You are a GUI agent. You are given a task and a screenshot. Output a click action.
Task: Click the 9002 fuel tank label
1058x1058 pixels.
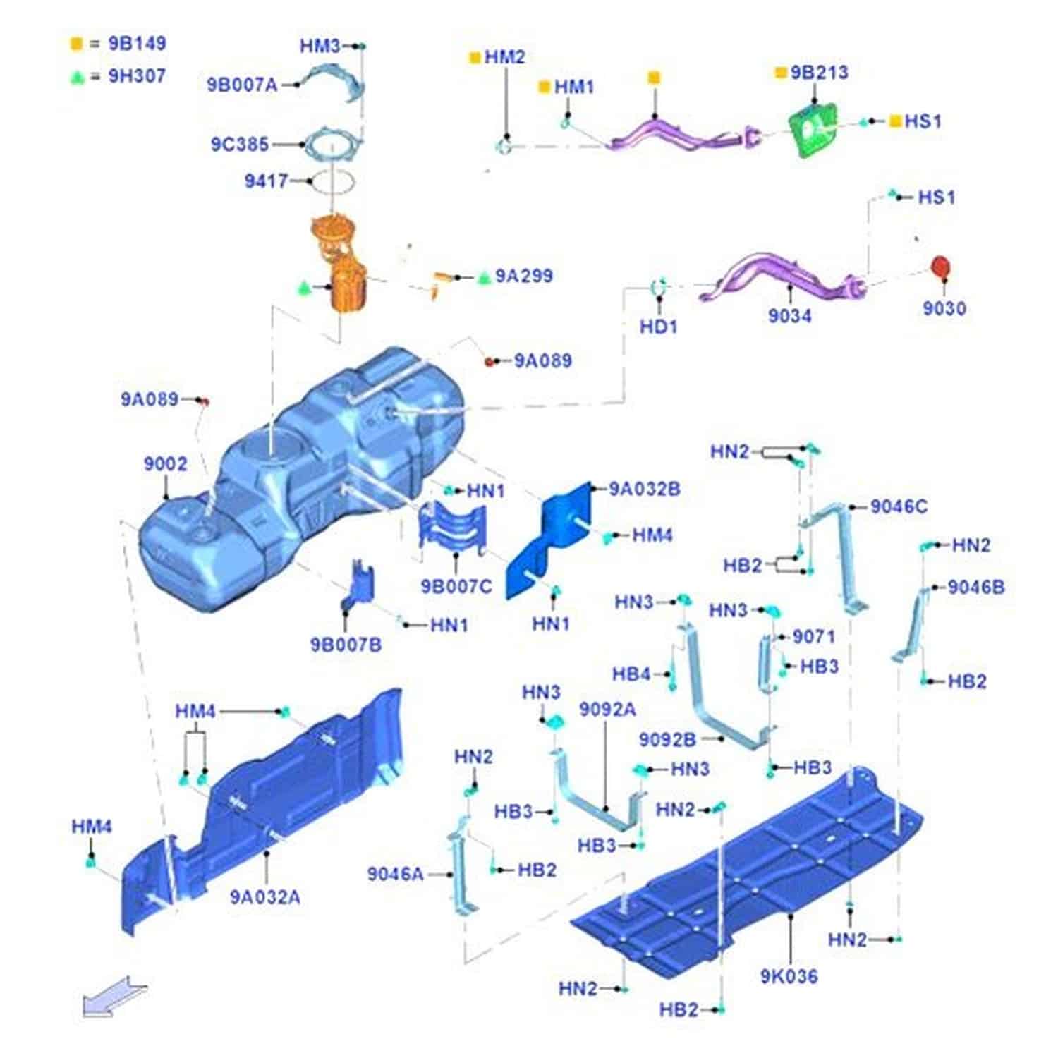[x=166, y=464]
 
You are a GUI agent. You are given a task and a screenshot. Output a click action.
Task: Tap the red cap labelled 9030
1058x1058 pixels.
[x=940, y=267]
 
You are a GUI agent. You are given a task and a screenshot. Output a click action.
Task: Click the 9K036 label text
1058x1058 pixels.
[x=789, y=977]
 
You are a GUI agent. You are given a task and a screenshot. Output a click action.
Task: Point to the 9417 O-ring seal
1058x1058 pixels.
[x=332, y=181]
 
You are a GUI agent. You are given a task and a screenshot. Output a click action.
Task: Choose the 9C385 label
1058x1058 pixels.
[x=240, y=145]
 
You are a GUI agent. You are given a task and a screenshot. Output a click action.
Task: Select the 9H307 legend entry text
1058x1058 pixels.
[x=137, y=76]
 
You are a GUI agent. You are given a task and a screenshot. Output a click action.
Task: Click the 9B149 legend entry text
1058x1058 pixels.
[x=137, y=44]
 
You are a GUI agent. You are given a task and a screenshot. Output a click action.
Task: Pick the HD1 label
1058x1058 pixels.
[x=658, y=327]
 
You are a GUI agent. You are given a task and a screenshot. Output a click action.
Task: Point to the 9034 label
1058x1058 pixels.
[x=789, y=315]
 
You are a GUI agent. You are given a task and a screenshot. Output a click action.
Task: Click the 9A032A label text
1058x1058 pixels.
[x=265, y=897]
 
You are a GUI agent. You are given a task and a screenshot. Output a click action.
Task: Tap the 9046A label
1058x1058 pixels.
[x=395, y=875]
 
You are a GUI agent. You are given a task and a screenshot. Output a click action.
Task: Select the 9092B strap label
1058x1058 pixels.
[x=667, y=739]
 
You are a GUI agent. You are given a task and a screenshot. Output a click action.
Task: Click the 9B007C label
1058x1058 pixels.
[x=456, y=586]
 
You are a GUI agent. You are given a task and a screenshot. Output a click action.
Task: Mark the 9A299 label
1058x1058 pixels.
[x=523, y=276]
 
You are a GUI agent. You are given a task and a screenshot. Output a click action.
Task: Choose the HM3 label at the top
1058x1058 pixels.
[x=320, y=47]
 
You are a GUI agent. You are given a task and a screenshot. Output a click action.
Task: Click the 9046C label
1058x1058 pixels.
[x=899, y=506]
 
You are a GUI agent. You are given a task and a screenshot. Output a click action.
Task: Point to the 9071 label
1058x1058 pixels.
[x=813, y=637]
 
